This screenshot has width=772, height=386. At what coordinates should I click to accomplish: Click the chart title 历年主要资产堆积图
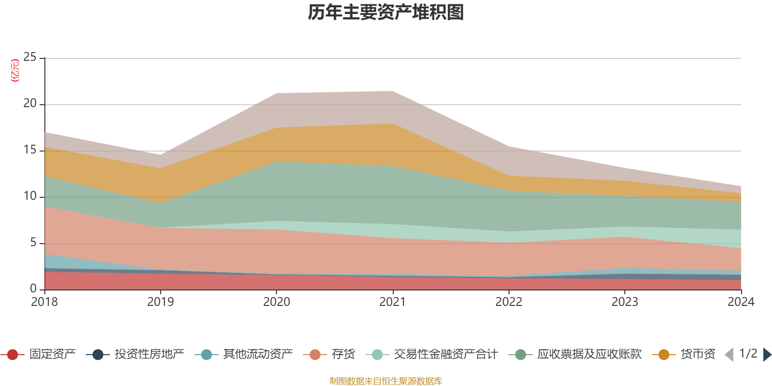coord(386,13)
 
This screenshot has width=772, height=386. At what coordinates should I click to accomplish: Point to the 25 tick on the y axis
coord(30,57)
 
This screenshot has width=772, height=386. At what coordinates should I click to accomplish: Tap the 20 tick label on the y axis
coord(30,103)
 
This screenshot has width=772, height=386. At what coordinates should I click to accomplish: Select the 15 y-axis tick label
coord(30,150)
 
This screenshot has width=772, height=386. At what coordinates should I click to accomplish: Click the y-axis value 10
coord(30,196)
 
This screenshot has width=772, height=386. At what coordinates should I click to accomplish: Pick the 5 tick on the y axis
coord(33,243)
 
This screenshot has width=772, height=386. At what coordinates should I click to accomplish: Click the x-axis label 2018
coord(44,302)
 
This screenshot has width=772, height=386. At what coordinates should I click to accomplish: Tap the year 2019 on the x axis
coord(161,302)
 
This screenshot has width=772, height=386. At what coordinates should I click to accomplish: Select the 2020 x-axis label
coord(277,302)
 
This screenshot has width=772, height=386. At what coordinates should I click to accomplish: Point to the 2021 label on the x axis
coord(393,302)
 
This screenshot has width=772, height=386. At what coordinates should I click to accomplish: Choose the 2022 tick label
coord(509,302)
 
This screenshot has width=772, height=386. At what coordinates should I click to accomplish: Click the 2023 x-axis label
coord(625,302)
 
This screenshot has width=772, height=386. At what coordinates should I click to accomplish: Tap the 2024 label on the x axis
coord(741,302)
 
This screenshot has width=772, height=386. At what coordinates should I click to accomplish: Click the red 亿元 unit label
coord(15,70)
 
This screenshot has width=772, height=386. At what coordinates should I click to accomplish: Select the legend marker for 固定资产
coord(13,355)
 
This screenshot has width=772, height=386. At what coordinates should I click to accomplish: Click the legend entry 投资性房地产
coord(135,354)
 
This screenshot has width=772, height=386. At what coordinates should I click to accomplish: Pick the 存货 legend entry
coord(329,354)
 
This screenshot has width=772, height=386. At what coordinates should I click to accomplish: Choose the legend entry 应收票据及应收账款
coord(575,354)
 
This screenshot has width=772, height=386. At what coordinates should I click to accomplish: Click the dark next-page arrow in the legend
coord(767,355)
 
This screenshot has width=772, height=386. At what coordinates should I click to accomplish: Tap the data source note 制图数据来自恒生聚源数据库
coord(386,381)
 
